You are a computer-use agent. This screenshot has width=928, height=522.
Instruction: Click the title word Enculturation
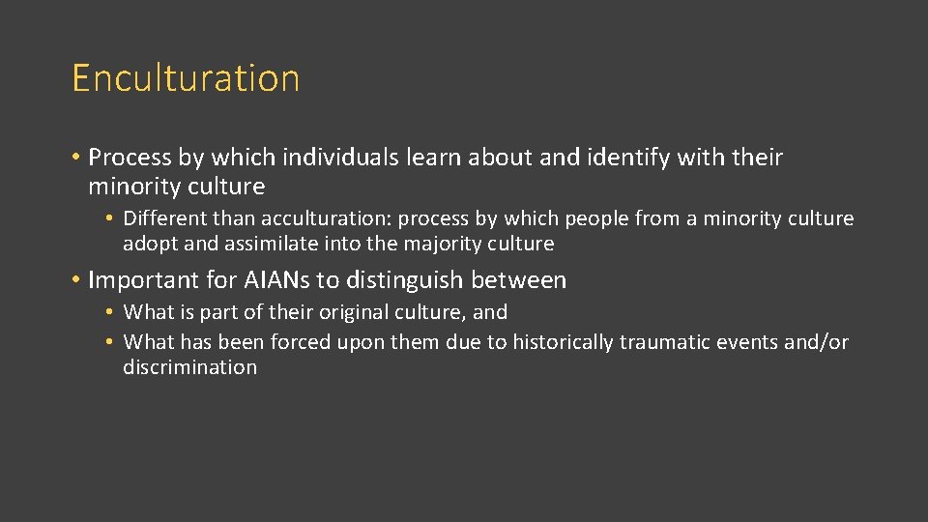click(186, 78)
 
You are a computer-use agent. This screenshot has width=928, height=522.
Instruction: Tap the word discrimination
click(190, 367)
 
